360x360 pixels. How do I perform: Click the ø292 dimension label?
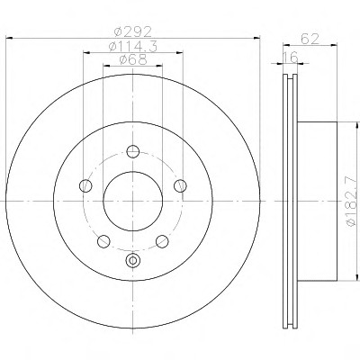[x=133, y=31]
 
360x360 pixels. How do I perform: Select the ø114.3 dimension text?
[x=133, y=47]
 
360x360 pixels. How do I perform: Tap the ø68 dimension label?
[x=133, y=59]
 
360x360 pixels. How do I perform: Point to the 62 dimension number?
[x=310, y=39]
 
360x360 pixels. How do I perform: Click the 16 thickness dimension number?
[x=291, y=57]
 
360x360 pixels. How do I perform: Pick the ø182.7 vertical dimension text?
[x=354, y=202]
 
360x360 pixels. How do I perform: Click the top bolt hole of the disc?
[x=133, y=151]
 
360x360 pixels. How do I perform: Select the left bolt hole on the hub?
[x=85, y=185]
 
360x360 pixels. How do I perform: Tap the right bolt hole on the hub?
[x=180, y=185]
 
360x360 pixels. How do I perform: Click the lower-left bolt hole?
[x=103, y=241]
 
